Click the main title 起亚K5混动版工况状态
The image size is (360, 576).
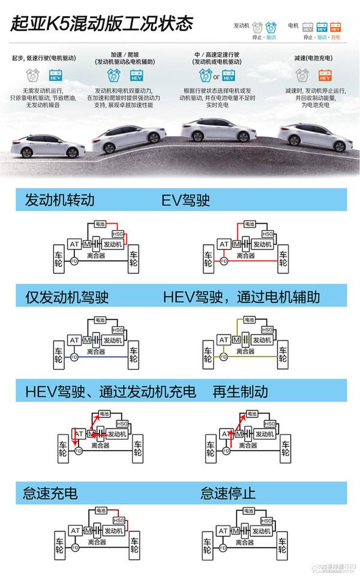(x=101, y=23)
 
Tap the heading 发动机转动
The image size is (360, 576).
(x=59, y=200)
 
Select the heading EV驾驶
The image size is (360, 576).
(x=186, y=200)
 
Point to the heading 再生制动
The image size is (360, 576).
(x=240, y=392)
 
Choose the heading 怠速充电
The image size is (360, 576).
(x=50, y=493)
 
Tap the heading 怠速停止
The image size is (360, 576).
(x=228, y=493)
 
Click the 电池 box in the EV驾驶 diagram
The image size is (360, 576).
(x=250, y=223)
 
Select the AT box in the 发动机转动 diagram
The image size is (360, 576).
(x=75, y=244)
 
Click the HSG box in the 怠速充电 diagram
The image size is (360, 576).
(x=118, y=521)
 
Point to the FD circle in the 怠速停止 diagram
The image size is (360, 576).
(x=224, y=548)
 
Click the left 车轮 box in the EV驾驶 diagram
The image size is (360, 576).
(x=208, y=259)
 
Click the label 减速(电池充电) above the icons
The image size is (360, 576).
(x=317, y=58)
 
